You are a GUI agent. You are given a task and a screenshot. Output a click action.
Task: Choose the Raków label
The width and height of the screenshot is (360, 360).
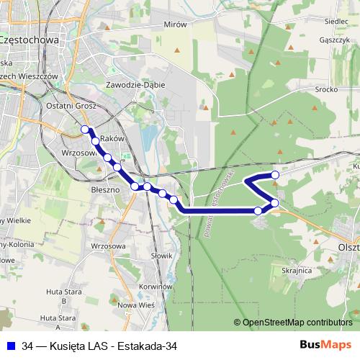113,138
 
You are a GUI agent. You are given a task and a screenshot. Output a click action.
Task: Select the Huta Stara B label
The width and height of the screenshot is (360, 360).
63,292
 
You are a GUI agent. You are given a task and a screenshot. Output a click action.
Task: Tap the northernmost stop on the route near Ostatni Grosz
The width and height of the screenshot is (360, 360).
85,130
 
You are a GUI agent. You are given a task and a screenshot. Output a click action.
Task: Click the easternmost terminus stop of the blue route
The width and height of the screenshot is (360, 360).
274,175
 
